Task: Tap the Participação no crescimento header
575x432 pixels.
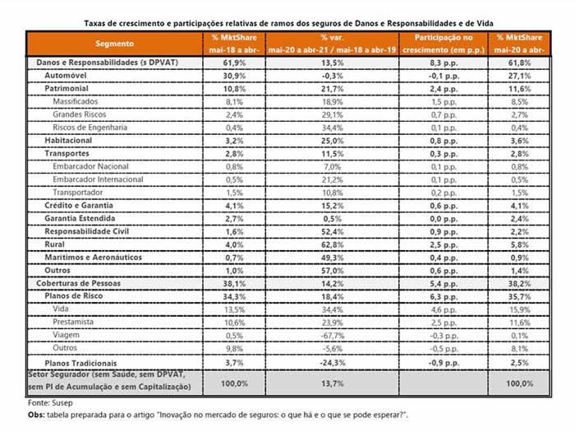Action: click(x=444, y=43)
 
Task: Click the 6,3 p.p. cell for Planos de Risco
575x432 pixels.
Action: click(x=444, y=296)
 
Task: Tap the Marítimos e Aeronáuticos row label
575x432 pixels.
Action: click(x=93, y=258)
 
